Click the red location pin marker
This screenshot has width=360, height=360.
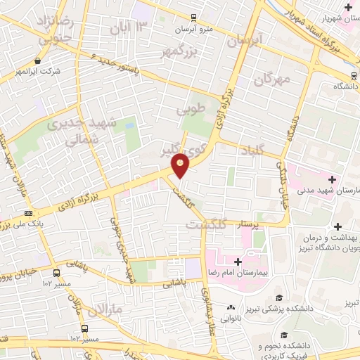(181, 165)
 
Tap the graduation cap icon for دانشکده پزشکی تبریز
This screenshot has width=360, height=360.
(279, 297)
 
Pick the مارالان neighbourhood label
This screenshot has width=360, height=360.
(106, 309)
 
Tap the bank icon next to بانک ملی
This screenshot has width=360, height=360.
(28, 213)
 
